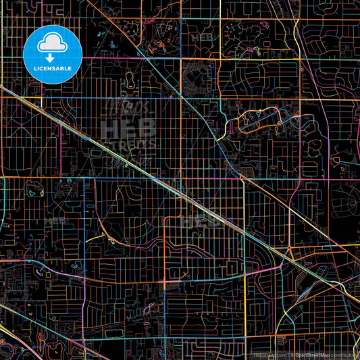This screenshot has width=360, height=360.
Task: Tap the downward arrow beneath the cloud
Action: [51, 59]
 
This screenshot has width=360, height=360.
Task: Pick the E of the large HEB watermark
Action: [129, 128]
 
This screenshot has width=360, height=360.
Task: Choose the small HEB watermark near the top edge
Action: [201, 37]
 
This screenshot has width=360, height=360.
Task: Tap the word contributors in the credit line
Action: [346, 355]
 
